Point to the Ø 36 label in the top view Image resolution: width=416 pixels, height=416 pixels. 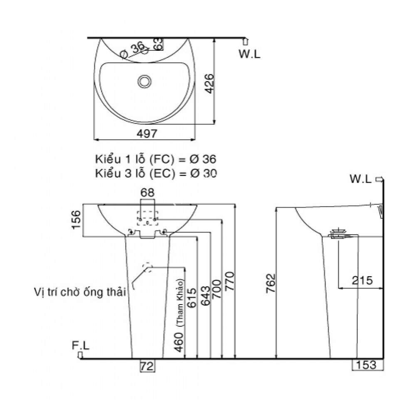pyautogui.click(x=132, y=51)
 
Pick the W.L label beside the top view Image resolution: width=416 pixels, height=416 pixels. pyautogui.click(x=250, y=54)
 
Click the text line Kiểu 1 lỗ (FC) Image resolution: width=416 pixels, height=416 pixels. pyautogui.click(x=156, y=159)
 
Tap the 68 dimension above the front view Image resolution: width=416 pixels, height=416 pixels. pyautogui.click(x=147, y=193)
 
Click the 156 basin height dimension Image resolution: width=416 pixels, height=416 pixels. pyautogui.click(x=76, y=219)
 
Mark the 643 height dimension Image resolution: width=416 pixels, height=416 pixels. pyautogui.click(x=203, y=296)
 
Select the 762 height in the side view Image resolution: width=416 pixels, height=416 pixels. pyautogui.click(x=270, y=284)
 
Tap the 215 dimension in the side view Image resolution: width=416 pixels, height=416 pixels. pyautogui.click(x=361, y=280)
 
